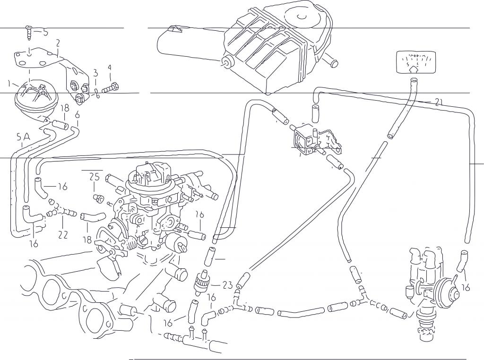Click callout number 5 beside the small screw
click(x=45, y=33)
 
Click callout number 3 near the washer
click(x=95, y=73)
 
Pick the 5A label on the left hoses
click(x=23, y=137)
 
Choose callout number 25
click(x=95, y=177)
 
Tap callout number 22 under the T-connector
click(x=63, y=234)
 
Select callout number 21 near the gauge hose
click(x=439, y=102)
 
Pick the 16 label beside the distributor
click(x=466, y=287)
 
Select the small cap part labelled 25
click(x=99, y=197)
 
